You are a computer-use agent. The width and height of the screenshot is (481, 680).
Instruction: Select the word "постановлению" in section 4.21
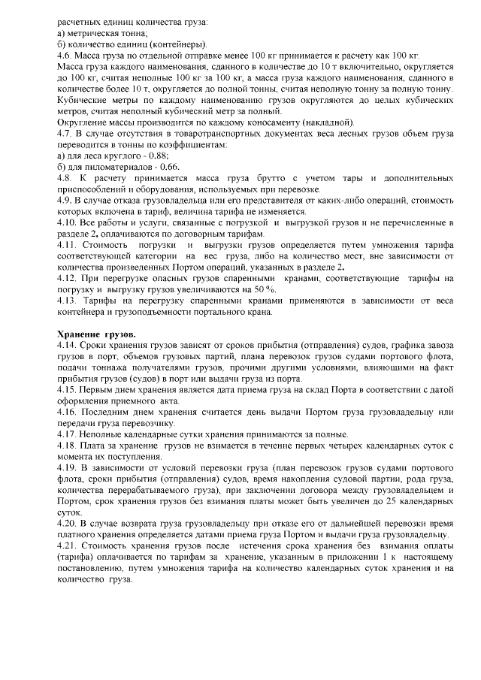[91, 570]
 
